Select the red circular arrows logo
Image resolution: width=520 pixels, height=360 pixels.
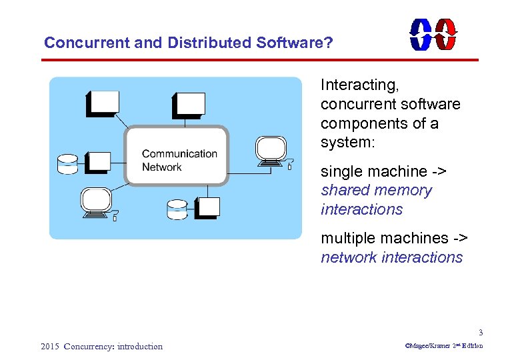coord(445,34)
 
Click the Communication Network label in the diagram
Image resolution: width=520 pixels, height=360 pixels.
coord(179,160)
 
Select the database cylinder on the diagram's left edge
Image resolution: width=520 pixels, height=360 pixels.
coord(67,163)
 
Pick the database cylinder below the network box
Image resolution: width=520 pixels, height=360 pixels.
coord(177,209)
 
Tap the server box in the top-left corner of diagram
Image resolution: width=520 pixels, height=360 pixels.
coord(102,103)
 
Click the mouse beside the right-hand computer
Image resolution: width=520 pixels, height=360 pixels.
coord(289,164)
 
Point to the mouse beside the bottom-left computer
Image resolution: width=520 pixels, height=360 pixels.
coord(115,217)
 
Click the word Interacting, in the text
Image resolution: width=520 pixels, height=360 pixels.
coord(359,85)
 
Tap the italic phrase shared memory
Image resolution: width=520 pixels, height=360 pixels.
coord(376,190)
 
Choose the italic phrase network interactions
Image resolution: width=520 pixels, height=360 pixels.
coord(391,257)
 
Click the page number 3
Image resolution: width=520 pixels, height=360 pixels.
coord(480,333)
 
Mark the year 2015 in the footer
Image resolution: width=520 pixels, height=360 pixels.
coord(50,346)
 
